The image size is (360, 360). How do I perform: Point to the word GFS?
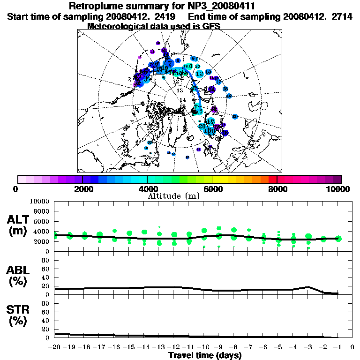pos(210,26)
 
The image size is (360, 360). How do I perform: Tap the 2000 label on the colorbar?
pos(82,189)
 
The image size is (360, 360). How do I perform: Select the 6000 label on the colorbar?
pos(212,189)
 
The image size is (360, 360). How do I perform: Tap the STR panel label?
pos(20,315)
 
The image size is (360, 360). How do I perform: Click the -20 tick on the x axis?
pos(55,347)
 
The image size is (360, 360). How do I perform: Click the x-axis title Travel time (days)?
pos(205,356)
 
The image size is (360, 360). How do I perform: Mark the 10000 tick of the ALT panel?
pos(40,201)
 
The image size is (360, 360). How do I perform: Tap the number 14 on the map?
pos(183,100)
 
